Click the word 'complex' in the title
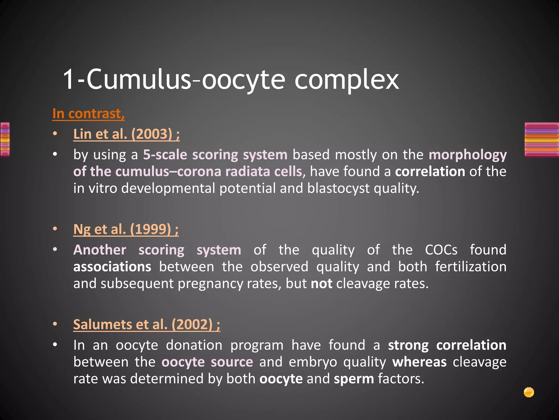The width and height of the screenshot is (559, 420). [x=346, y=80]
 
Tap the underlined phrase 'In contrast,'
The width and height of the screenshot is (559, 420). [x=88, y=113]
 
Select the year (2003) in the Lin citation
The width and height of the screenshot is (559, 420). [x=152, y=134]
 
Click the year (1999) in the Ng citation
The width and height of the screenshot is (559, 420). [x=150, y=229]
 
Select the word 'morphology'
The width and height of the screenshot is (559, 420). [x=468, y=155]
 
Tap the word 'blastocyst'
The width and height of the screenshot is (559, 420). [x=338, y=188]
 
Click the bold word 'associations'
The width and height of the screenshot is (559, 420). [x=112, y=267]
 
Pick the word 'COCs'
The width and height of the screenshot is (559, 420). [x=441, y=250]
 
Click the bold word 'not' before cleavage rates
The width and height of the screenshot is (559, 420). [x=322, y=284]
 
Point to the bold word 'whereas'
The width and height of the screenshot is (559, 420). [x=419, y=362]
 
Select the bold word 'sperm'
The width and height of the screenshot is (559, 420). [x=354, y=379]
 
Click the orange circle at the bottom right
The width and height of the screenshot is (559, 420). [x=529, y=392]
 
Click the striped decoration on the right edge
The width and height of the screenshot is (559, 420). [x=542, y=139]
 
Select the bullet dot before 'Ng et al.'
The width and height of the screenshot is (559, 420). [x=55, y=229]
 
